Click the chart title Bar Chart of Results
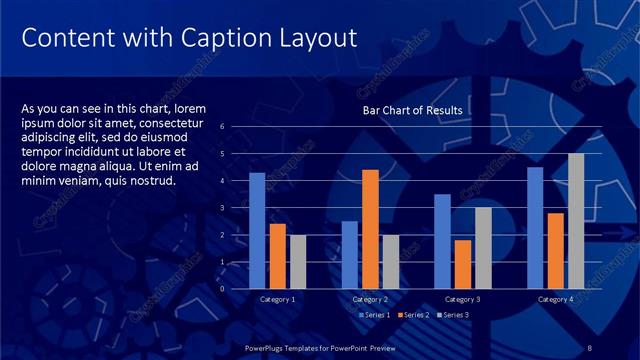(411, 110)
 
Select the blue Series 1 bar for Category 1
(257, 230)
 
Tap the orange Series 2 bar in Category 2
(370, 229)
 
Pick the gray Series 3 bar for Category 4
(576, 221)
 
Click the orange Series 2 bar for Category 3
(463, 264)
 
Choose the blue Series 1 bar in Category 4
(535, 227)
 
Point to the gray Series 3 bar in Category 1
(298, 262)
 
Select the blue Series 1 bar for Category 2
(350, 255)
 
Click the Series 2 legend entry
(415, 315)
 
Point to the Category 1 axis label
(277, 300)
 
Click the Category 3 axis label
(463, 300)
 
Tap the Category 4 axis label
(555, 300)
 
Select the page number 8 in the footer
(591, 347)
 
